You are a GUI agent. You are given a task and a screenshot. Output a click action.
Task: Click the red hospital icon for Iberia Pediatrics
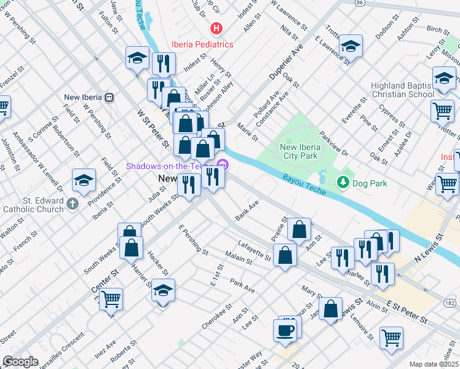tap(216, 28)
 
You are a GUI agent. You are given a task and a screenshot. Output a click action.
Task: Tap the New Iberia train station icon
tap(109, 97)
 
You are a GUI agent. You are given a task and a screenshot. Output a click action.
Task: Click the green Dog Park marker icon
tap(343, 183)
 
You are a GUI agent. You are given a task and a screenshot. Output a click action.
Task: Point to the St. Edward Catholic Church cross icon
tap(73, 204)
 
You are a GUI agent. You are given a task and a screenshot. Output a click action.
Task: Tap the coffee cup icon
tap(285, 330)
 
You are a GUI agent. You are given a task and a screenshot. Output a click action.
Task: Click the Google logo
tap(20, 362)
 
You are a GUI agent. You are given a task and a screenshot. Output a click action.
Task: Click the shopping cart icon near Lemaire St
tap(391, 338)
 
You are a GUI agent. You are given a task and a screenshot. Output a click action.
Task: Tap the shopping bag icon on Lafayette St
tap(285, 255)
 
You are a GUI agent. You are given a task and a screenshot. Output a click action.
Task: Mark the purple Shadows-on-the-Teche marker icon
tap(223, 166)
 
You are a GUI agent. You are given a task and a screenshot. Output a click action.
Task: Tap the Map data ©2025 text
tap(433, 364)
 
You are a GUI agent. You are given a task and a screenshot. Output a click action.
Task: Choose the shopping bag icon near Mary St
tap(331, 310)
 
